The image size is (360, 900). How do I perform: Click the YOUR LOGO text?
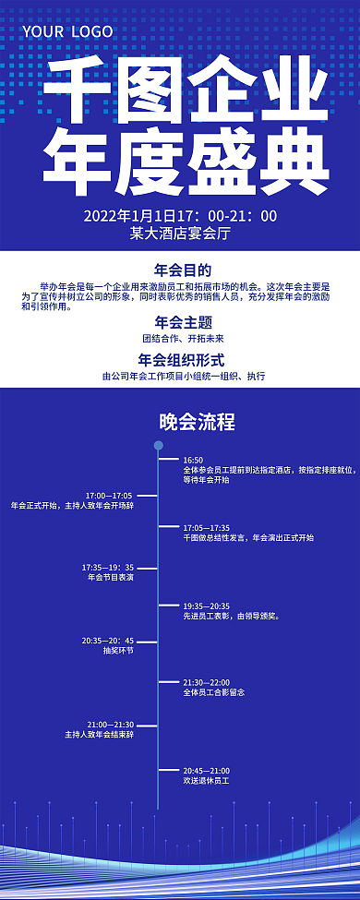tap(67, 31)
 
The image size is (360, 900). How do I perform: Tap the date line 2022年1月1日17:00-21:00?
tap(180, 216)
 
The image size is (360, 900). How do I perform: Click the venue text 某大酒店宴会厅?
tap(180, 234)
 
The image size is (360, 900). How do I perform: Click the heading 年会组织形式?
tap(181, 359)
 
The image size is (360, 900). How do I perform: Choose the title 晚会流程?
tap(197, 422)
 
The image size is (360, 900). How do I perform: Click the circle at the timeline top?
tap(158, 446)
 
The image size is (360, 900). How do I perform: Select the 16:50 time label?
tap(193, 460)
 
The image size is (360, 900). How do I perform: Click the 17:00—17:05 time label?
tap(109, 495)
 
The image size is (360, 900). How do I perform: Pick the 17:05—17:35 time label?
tap(206, 527)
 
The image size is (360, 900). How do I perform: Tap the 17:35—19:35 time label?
tap(108, 567)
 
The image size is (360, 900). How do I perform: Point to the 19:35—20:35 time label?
tap(206, 606)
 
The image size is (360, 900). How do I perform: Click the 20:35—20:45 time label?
tap(108, 640)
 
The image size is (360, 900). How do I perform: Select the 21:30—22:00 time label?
tap(206, 681)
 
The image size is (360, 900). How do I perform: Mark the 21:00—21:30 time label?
tap(111, 725)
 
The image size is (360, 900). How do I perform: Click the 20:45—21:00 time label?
tap(206, 770)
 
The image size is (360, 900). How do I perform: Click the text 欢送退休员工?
tap(206, 781)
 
